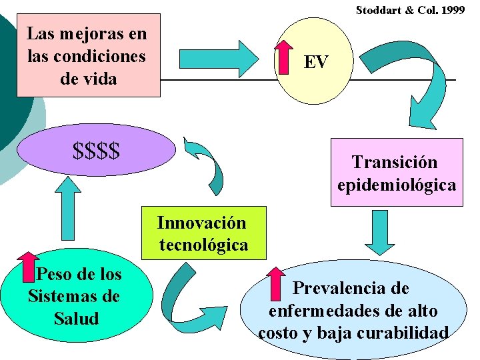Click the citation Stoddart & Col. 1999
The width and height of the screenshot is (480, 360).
(410, 10)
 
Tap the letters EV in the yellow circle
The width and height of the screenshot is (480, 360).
(316, 62)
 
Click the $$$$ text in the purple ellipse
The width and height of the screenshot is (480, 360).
(97, 150)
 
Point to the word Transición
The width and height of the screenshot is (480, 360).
(395, 162)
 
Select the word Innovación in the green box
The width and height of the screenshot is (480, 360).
(201, 223)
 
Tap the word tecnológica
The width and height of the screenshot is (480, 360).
(203, 245)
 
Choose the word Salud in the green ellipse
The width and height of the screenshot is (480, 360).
(75, 318)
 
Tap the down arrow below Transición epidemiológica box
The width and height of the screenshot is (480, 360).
(380, 231)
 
